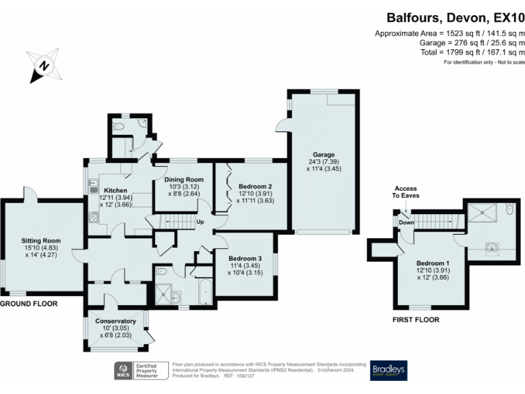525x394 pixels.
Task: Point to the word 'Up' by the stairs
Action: coord(200,222)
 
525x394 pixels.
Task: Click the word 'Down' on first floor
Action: coord(406,222)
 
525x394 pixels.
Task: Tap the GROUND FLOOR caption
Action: coord(28,303)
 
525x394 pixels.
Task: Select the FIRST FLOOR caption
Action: coord(415,319)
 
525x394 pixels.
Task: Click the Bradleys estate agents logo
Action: coord(389,370)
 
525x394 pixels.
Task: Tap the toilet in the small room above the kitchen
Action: coord(120,127)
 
